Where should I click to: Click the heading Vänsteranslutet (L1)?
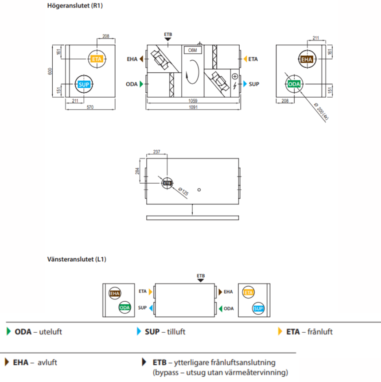(x=77, y=259)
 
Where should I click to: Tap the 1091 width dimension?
(x=193, y=107)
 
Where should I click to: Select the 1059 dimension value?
(x=193, y=101)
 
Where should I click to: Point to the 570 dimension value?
(x=90, y=107)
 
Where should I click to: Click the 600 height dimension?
(x=50, y=71)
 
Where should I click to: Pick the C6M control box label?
(x=193, y=50)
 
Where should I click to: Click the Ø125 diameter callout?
(x=183, y=192)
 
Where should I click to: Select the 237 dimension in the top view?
(x=156, y=151)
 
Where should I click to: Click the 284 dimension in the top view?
(x=138, y=171)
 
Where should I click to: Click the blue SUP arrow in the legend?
(x=140, y=331)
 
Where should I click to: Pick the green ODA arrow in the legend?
(x=8, y=331)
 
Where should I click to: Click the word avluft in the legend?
(x=46, y=362)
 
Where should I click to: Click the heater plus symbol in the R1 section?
(x=235, y=76)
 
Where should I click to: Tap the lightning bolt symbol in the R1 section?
(x=235, y=85)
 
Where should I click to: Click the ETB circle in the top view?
(x=167, y=183)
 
